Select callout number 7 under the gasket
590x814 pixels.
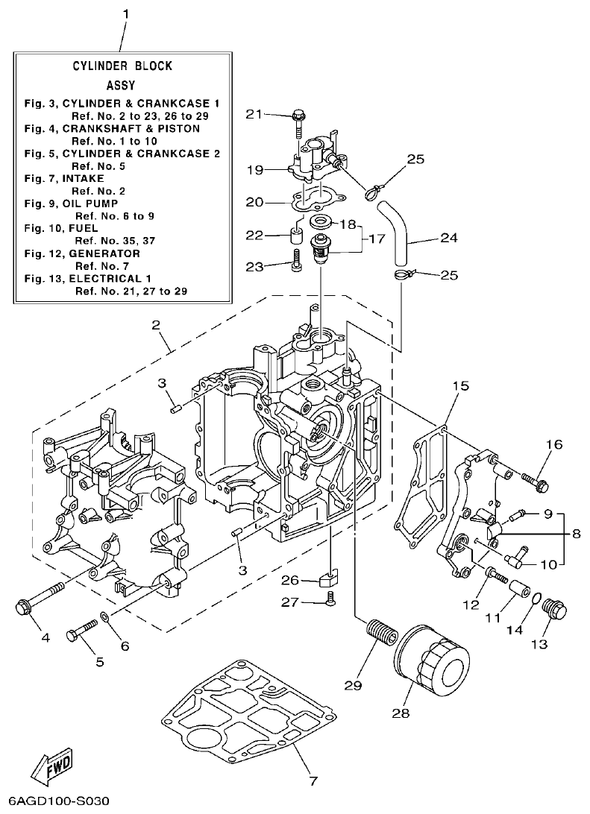point(313,781)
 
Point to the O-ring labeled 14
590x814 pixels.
point(536,597)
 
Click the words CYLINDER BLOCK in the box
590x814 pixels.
point(122,66)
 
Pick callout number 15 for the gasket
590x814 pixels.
point(460,386)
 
